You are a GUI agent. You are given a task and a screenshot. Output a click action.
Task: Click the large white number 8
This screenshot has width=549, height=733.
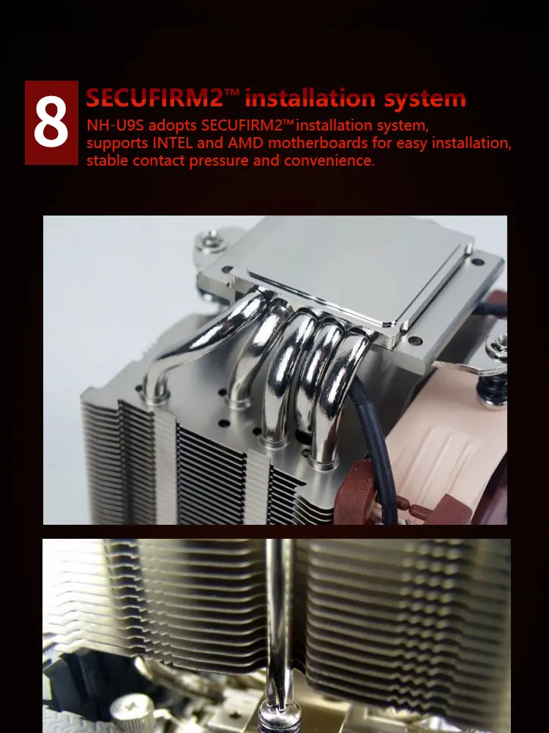pos(51,122)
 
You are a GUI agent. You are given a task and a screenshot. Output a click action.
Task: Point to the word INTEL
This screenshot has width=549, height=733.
pos(173,143)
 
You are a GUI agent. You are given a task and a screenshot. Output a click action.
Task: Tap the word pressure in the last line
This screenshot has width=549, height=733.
pos(218,161)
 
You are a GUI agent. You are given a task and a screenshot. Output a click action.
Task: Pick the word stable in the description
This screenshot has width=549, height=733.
pos(107,161)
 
